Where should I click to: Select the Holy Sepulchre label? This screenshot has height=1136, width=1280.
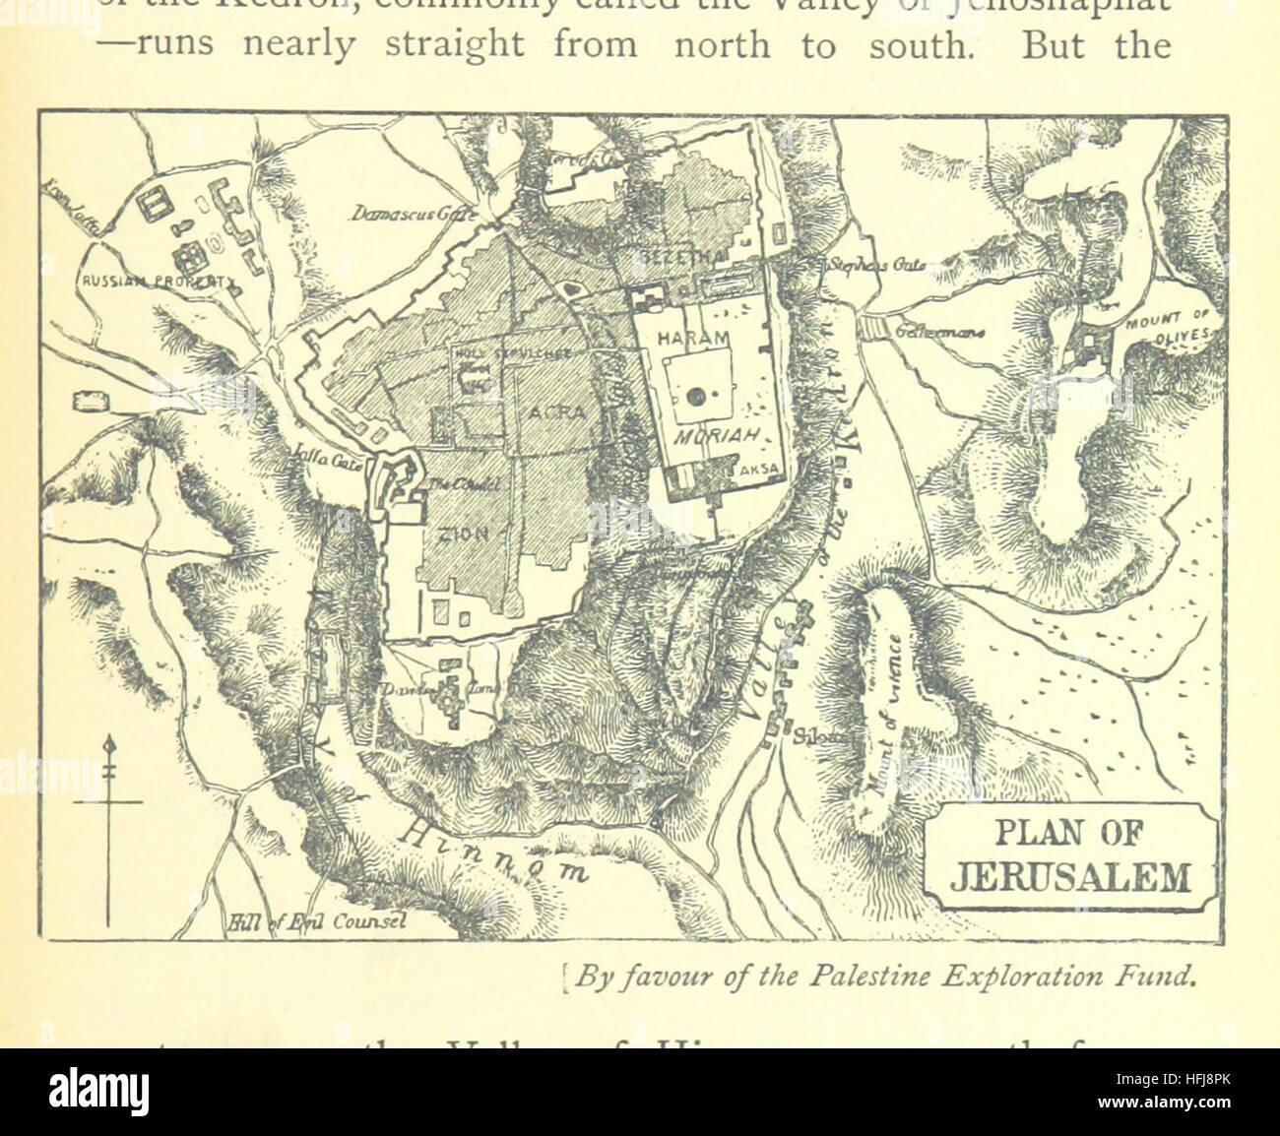tap(495, 351)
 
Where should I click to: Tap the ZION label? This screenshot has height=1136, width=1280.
tap(465, 535)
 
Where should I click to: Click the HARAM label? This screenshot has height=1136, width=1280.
tap(693, 338)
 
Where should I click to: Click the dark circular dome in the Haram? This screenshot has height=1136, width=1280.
tap(696, 397)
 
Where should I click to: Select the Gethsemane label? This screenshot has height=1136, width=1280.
tap(940, 334)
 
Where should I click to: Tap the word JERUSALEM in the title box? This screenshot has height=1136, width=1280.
tap(1070, 876)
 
